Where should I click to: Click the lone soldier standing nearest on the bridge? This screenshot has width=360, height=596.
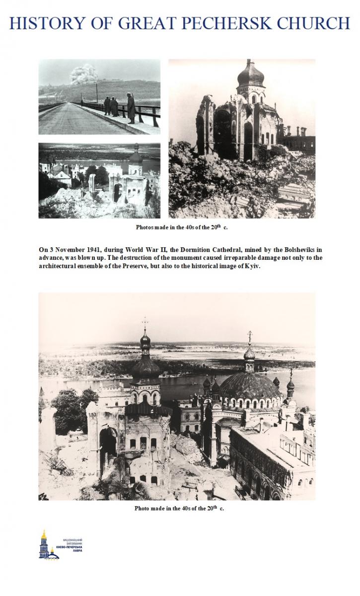click(x=132, y=108)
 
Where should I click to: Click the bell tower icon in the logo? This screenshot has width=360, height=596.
click(x=44, y=543)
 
